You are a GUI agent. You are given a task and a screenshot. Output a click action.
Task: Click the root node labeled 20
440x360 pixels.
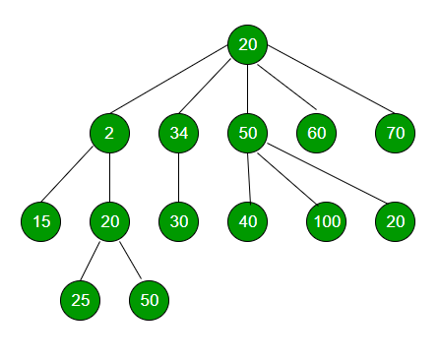248,44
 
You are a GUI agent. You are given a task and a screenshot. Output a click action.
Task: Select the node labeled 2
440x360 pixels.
109,133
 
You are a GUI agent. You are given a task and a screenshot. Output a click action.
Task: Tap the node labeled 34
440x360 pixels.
178,133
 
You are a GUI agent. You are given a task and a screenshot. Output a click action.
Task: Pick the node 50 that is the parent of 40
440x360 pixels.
248,133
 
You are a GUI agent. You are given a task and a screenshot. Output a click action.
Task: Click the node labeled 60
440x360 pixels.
316,133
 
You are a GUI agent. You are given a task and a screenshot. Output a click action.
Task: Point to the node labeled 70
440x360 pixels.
395,133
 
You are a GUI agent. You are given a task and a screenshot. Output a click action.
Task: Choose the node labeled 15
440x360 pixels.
40,221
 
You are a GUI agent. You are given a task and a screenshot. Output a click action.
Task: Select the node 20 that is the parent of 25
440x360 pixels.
109,221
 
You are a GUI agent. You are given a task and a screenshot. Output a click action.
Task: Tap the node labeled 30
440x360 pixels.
178,221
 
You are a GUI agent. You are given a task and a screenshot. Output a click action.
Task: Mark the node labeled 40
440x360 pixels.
248,221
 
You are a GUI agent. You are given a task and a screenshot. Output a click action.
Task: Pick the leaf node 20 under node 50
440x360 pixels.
395,221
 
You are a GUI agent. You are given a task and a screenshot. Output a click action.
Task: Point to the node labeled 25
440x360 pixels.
81,300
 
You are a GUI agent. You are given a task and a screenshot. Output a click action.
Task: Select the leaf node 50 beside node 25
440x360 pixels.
150,300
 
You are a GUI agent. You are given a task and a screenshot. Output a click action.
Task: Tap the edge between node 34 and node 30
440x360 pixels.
178,177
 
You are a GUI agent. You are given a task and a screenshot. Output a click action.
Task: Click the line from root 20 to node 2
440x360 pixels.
178,89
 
